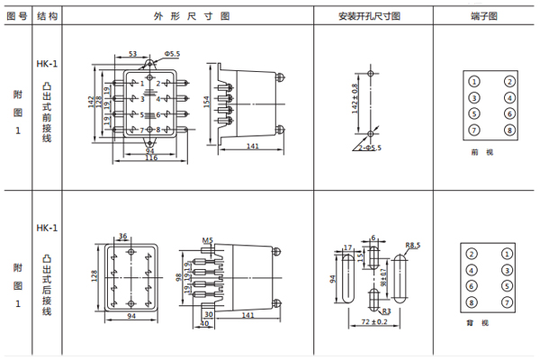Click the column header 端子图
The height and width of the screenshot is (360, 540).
point(484,15)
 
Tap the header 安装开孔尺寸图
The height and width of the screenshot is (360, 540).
point(369,15)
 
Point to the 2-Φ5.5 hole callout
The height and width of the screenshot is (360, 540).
point(369,147)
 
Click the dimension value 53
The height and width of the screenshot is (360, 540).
point(132,55)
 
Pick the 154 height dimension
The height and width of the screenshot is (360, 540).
point(205,103)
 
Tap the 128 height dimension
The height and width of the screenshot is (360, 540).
point(94,275)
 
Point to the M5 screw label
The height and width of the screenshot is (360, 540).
point(206,239)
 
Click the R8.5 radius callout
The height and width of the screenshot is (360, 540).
point(414,245)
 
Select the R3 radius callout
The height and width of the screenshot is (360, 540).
point(384,310)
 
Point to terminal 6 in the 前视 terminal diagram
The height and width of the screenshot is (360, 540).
point(509,113)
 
